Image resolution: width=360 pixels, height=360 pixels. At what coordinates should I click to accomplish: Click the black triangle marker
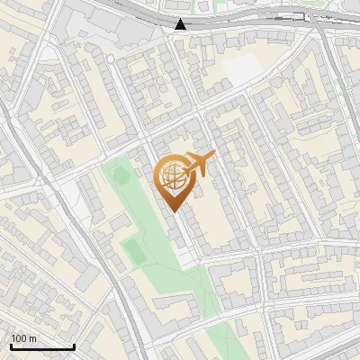click(x=182, y=24)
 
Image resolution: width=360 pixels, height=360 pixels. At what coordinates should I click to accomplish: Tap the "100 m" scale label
click(x=24, y=338)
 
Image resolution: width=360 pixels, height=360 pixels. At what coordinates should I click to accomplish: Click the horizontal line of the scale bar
click(x=41, y=347)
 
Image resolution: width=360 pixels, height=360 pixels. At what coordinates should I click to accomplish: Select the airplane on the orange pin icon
click(x=199, y=163)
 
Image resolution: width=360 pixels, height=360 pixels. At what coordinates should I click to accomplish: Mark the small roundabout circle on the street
click(x=111, y=57)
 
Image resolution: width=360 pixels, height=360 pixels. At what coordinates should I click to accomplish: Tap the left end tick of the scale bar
click(x=11, y=346)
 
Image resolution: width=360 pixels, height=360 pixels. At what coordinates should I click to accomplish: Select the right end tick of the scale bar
click(x=73, y=346)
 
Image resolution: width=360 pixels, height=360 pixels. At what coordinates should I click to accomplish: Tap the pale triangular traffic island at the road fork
click(x=49, y=54)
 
